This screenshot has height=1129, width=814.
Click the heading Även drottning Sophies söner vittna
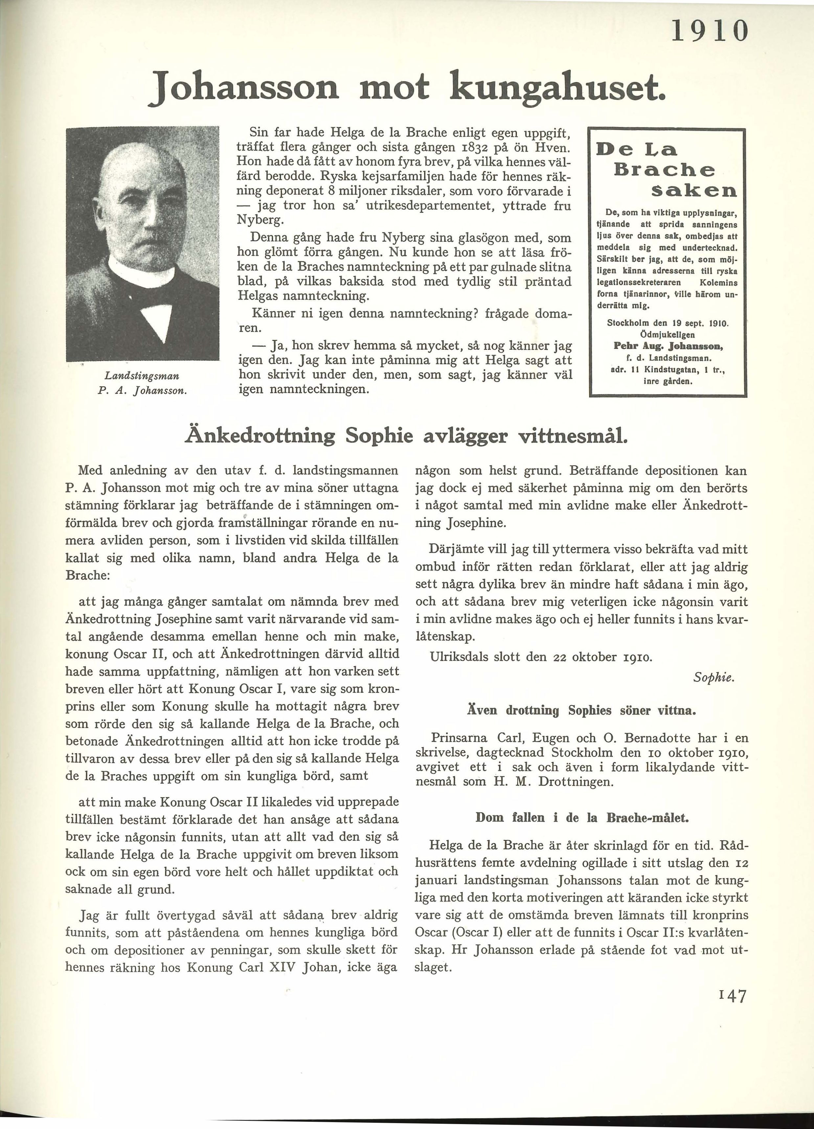pyautogui.click(x=581, y=710)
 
